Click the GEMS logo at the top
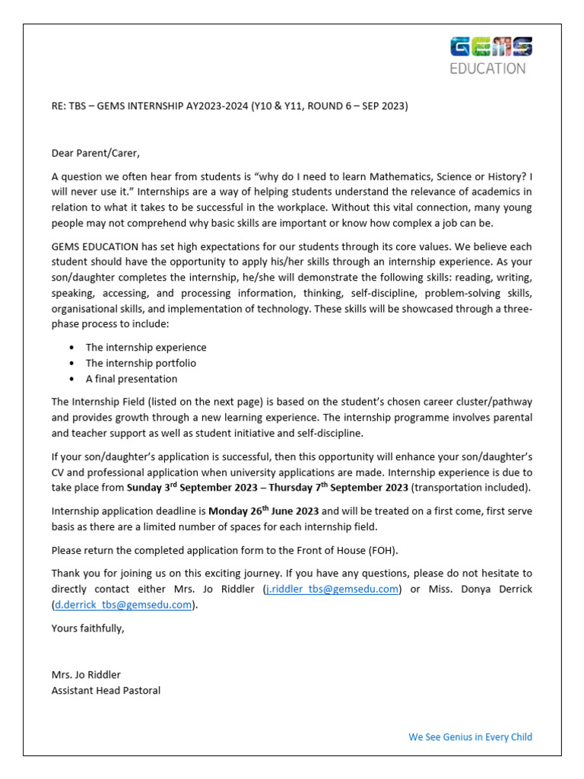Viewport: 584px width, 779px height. pyautogui.click(x=491, y=47)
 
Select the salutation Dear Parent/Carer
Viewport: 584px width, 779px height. pyautogui.click(x=96, y=153)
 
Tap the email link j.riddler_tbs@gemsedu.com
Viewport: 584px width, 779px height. pyautogui.click(x=332, y=589)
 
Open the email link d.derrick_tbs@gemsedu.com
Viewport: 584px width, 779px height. pyautogui.click(x=122, y=605)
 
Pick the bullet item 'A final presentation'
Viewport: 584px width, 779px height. pyautogui.click(x=131, y=379)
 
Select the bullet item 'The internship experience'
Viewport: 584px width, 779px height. pyautogui.click(x=145, y=347)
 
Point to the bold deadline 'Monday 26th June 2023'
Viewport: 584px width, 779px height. pyautogui.click(x=264, y=510)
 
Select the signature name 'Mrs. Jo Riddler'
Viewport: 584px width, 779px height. pyautogui.click(x=86, y=675)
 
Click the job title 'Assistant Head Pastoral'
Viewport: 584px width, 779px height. pyautogui.click(x=106, y=690)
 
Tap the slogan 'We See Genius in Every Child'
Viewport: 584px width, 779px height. pyautogui.click(x=470, y=736)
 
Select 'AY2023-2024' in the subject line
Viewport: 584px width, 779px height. pyautogui.click(x=218, y=106)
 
